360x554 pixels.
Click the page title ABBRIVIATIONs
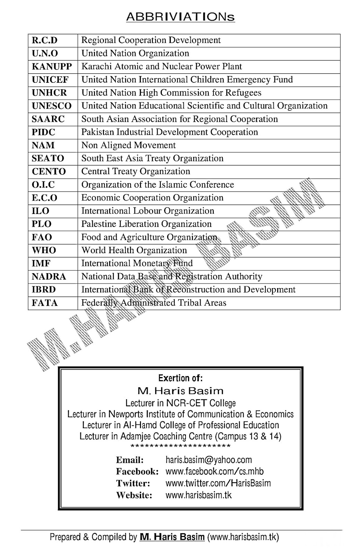coord(180,17)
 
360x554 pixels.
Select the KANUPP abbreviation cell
coord(52,66)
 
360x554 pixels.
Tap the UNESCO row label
coord(52,106)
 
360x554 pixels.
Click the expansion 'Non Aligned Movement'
coord(128,145)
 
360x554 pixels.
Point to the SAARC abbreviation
coord(48,119)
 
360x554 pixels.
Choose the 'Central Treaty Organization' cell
coord(135,171)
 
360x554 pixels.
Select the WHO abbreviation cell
coord(44,250)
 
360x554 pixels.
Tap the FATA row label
coord(45,303)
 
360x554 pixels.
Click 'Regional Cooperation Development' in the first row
coord(151,40)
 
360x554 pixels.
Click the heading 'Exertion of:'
coord(180,378)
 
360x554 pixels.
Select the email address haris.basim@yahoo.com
coord(209,460)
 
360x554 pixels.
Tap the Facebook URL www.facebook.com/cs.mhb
coord(214,471)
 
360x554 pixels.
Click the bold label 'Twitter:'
coord(133,483)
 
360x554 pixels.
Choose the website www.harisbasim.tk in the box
coord(199,495)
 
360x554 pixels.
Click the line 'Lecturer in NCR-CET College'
coord(180,403)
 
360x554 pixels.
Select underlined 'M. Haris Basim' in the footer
coord(172,537)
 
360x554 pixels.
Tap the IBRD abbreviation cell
coord(44,290)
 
